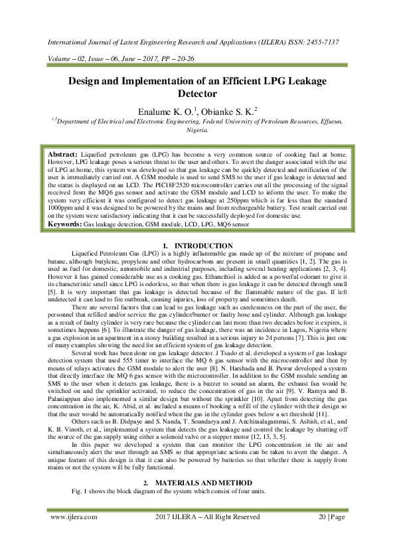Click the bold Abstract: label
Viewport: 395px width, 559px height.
[x=64, y=154]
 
